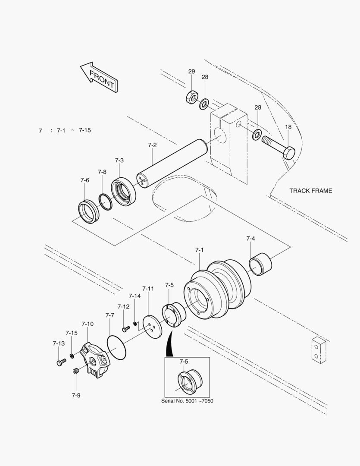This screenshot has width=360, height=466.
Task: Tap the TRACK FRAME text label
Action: (x=310, y=191)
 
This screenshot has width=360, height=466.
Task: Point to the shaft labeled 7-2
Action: (x=172, y=163)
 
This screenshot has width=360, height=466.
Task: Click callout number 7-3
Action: (x=119, y=160)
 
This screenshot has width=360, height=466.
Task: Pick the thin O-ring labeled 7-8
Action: (x=105, y=202)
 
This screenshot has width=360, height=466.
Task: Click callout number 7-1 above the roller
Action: (x=199, y=250)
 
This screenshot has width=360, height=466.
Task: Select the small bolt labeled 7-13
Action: (x=59, y=362)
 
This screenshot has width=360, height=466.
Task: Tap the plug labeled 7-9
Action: (x=76, y=371)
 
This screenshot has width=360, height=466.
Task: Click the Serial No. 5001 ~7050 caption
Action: (x=187, y=401)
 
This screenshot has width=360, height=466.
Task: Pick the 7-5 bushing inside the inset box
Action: (x=190, y=381)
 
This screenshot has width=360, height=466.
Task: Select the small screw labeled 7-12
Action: (x=125, y=329)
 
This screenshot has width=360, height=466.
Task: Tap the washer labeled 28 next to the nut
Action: (x=204, y=104)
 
